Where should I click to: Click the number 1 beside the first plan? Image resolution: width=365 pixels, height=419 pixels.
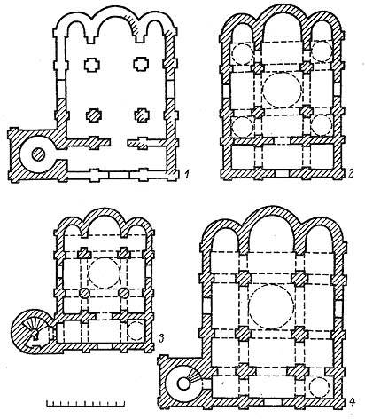[186, 174]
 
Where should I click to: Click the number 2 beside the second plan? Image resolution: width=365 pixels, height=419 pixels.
[351, 173]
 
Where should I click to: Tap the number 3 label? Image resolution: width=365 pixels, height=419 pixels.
[162, 337]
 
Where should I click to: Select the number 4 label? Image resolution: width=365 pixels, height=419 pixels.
[353, 401]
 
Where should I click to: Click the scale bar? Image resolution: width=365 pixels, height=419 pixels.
[85, 403]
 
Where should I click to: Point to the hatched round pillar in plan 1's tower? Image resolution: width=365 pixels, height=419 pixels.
[38, 154]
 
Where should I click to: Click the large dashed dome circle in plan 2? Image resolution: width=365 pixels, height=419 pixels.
[283, 89]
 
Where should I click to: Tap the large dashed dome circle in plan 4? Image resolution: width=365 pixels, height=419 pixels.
[271, 307]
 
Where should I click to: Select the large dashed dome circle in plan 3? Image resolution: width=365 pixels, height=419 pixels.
[105, 273]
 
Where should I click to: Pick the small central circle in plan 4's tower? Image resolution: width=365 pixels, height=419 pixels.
[183, 383]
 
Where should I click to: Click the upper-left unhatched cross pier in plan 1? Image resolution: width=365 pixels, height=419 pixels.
[92, 65]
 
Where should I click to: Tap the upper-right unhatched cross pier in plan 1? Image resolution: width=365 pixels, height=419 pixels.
[141, 64]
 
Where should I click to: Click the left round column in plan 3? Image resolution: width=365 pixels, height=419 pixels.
[84, 293]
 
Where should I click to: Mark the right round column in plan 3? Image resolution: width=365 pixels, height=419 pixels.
[124, 293]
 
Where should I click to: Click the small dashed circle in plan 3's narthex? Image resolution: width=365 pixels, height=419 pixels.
[136, 331]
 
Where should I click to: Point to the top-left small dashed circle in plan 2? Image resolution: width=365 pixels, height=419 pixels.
[243, 54]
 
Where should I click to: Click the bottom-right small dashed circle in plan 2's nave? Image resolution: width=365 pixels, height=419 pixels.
[321, 125]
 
